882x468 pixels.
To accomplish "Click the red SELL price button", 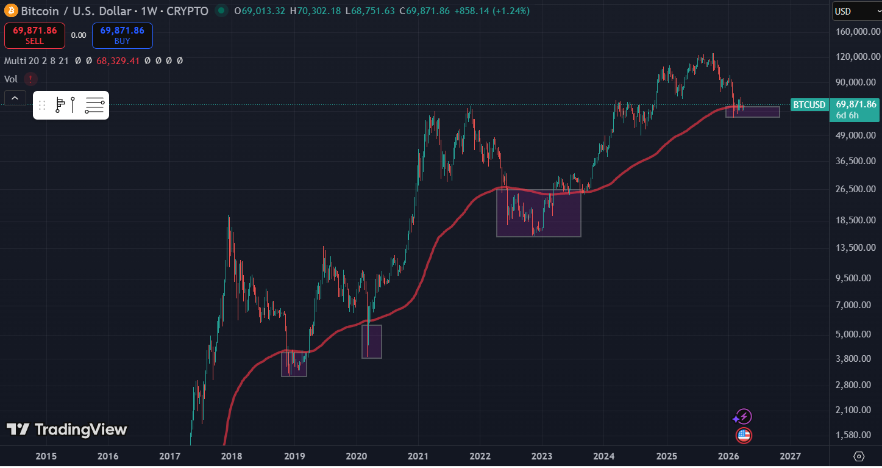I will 35,35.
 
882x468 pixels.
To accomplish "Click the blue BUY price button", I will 122,35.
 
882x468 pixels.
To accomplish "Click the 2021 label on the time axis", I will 418,456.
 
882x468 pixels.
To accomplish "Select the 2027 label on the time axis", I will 791,456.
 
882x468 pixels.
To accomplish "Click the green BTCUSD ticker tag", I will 809,105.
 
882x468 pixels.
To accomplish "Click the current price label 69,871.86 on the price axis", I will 856,104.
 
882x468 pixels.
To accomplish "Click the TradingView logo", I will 67,430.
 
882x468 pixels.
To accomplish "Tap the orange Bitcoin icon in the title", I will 11,11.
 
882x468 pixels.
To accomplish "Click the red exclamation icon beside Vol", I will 30,79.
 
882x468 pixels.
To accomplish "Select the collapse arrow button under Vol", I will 15,98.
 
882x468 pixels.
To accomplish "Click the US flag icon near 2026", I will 744,435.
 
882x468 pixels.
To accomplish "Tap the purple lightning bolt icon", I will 743,417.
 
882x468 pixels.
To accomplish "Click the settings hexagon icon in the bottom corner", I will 859,456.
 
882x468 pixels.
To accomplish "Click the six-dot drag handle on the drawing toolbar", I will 42,106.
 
